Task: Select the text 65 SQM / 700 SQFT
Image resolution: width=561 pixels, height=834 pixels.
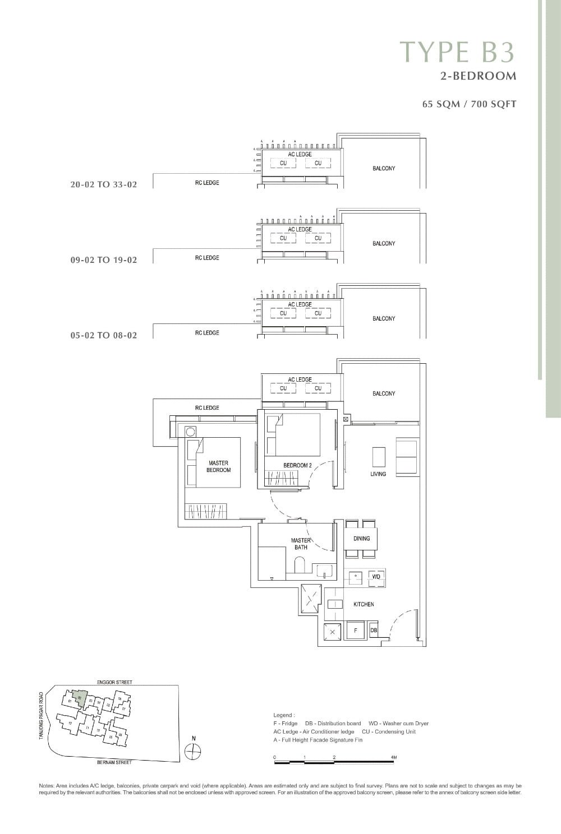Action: coord(469,104)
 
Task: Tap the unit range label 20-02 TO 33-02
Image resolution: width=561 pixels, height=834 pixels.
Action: coord(104,184)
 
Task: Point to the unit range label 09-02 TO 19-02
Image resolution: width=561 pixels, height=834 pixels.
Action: coord(104,260)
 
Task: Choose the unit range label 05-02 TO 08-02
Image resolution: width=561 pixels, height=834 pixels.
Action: coord(104,335)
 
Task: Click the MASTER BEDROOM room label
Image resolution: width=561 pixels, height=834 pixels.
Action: coord(218,466)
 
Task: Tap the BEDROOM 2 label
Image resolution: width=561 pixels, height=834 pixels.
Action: coord(297,465)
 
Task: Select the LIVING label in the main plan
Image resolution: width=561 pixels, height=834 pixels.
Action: coord(378,474)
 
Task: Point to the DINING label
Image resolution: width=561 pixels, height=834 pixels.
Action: coord(362,538)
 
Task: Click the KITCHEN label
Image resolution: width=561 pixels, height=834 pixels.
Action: coord(364,604)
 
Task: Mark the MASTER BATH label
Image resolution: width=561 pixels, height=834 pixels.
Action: coord(301,544)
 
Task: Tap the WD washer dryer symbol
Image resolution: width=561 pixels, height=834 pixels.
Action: coord(376,576)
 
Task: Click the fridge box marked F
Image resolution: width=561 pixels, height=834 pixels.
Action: coord(355,631)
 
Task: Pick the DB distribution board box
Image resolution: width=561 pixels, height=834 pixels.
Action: coord(374,631)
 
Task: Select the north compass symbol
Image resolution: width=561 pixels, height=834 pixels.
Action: coord(193,752)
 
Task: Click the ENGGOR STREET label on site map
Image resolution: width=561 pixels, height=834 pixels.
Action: coord(114,682)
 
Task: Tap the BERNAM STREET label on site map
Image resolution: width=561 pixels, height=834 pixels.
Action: coord(114,762)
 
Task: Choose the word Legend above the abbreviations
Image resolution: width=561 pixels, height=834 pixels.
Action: coord(283,715)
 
